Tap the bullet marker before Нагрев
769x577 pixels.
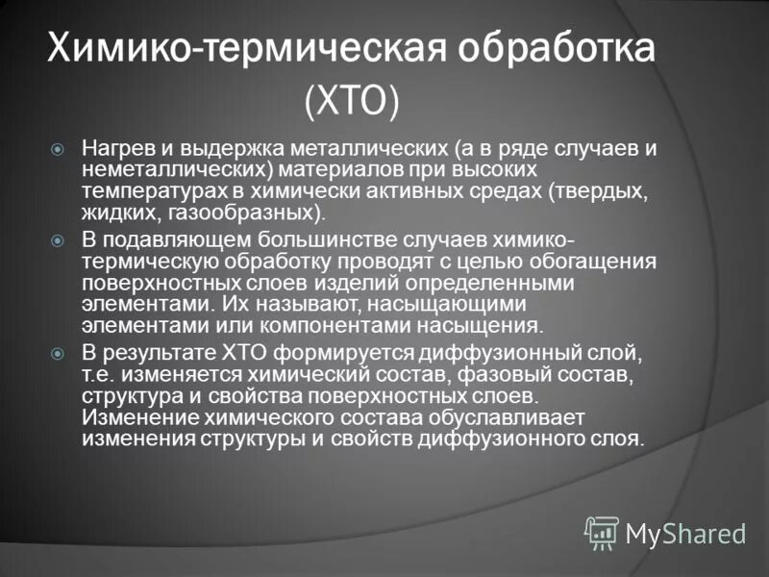59,150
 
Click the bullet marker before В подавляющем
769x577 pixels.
59,239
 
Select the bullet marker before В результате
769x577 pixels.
59,353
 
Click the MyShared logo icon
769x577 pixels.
603,531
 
